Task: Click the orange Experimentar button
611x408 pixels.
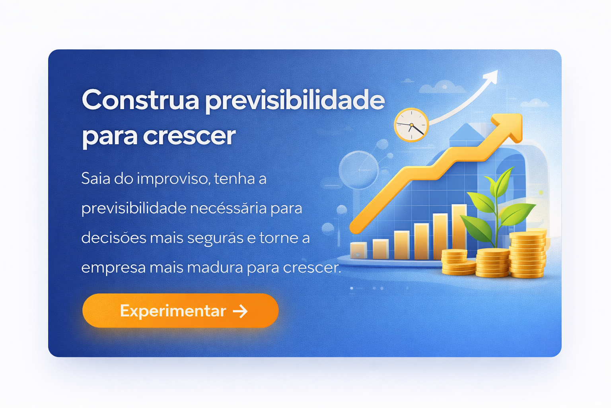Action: click(180, 311)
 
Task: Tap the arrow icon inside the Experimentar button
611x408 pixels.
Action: click(240, 311)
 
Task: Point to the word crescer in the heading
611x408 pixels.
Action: click(189, 136)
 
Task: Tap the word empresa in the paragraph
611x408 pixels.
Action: click(113, 268)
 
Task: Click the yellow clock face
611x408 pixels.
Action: click(411, 125)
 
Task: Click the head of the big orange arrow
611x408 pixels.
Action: click(510, 126)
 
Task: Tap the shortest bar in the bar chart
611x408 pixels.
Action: click(358, 250)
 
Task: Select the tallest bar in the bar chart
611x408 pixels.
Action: click(459, 227)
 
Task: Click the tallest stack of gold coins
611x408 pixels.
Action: click(527, 255)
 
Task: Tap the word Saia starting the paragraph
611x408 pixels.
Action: click(95, 178)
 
